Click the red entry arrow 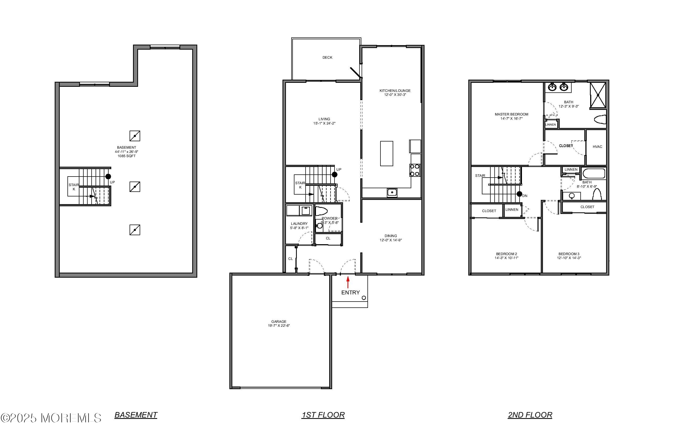(x=348, y=282)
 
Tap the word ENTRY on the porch (x=350, y=292)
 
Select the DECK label (x=327, y=57)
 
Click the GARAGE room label (x=278, y=322)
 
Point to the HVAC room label (x=597, y=147)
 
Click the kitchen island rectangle (x=387, y=154)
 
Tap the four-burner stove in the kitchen (x=415, y=170)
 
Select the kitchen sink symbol (x=392, y=192)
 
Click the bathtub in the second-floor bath (x=594, y=174)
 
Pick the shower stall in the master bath (x=598, y=95)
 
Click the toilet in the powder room (x=322, y=211)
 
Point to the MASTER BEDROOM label (x=511, y=114)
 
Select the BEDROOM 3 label (x=569, y=254)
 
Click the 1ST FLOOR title (x=323, y=415)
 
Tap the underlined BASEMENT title (x=136, y=415)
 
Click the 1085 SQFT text (x=127, y=156)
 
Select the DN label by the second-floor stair (x=525, y=196)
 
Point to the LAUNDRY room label (x=299, y=224)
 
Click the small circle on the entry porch (x=364, y=298)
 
